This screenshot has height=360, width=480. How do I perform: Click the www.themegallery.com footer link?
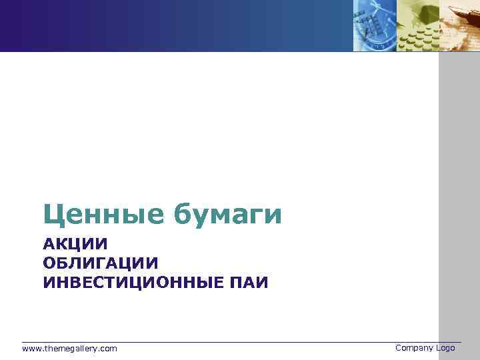tap(69, 349)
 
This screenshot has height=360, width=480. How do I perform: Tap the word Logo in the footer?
tap(445, 348)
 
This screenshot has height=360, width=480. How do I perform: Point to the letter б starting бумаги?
tap(183, 214)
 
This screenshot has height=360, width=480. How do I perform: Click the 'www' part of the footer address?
tap(30, 349)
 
